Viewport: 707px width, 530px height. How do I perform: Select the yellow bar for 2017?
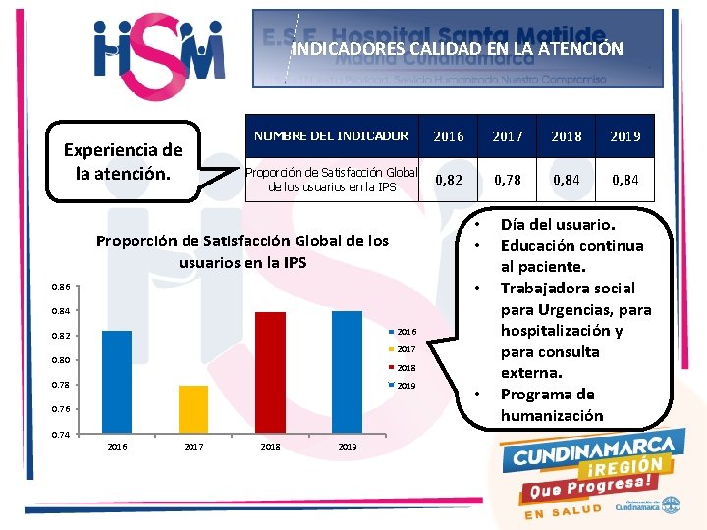[193, 408]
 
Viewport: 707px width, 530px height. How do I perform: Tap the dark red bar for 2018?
[270, 372]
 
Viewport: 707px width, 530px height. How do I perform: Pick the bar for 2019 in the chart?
[347, 371]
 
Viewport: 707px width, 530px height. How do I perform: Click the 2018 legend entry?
[407, 368]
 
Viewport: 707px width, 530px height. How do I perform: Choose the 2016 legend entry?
[407, 332]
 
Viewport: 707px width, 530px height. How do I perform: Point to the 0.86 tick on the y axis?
[61, 287]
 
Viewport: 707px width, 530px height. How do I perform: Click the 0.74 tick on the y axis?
[61, 433]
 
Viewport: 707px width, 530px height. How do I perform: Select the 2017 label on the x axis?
[193, 447]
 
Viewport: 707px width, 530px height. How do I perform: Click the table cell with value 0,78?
[508, 179]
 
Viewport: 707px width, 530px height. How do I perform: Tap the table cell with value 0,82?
[449, 179]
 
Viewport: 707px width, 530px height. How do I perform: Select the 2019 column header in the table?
[625, 136]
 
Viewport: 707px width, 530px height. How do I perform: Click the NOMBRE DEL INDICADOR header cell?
[331, 136]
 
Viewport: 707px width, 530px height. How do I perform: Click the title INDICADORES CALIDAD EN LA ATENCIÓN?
[458, 48]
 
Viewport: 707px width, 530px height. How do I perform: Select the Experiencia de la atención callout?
[123, 162]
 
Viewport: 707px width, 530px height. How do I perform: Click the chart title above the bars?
[242, 251]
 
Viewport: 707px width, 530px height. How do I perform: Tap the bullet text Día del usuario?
[558, 225]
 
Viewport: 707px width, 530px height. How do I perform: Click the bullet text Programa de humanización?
[552, 404]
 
